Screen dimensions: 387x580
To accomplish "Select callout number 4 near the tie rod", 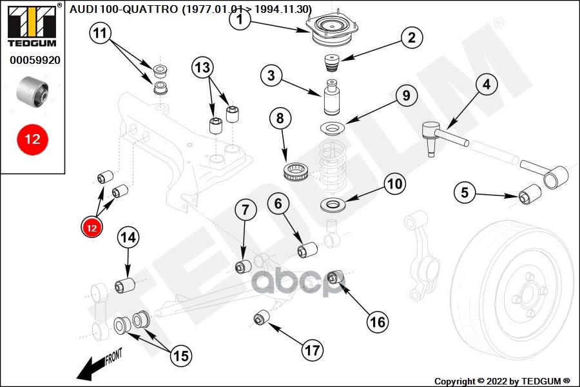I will click(x=487, y=84).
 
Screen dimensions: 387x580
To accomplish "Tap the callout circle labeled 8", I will click(x=280, y=119).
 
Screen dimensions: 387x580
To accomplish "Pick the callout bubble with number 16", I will click(x=378, y=321).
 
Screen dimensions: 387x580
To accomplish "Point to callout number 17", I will click(x=313, y=351).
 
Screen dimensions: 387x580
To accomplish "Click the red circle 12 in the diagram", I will click(x=91, y=227).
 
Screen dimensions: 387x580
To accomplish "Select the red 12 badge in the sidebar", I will click(x=32, y=139).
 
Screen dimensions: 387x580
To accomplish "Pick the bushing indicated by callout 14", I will click(x=125, y=284).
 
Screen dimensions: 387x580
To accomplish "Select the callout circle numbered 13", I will click(x=202, y=66).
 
